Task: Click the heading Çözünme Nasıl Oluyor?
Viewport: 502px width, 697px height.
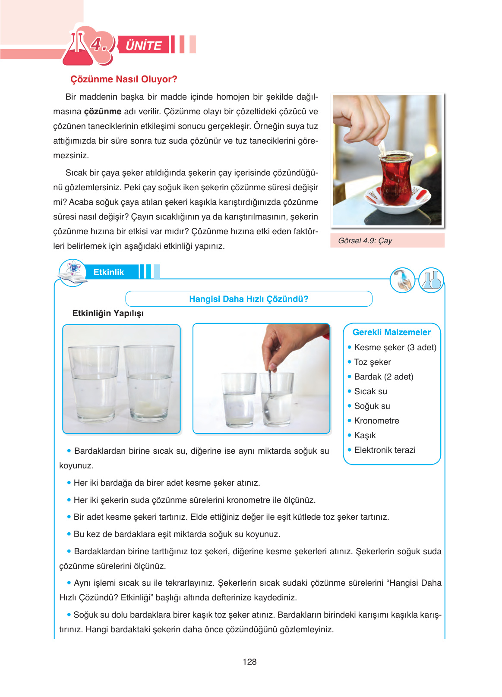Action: point(123,79)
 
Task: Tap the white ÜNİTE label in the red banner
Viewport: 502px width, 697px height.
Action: point(143,45)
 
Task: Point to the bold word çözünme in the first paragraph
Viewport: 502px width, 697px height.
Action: point(103,112)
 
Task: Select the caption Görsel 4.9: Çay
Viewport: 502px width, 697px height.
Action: point(365,241)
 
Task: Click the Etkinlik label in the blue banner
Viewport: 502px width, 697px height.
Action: point(108,272)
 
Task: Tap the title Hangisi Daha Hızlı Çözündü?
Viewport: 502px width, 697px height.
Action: point(249,299)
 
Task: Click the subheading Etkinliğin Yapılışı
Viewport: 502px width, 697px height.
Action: point(108,314)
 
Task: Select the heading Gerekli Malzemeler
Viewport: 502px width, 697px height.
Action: point(391,332)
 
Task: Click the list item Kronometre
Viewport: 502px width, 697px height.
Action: point(376,421)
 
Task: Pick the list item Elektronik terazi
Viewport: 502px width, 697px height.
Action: point(385,450)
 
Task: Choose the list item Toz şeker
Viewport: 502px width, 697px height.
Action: point(372,362)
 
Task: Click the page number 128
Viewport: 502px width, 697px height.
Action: point(249,662)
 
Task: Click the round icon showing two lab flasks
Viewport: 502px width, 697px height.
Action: point(431,280)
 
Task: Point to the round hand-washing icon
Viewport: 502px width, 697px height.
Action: point(402,280)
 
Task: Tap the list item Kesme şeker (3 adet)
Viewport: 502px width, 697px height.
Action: point(395,347)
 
